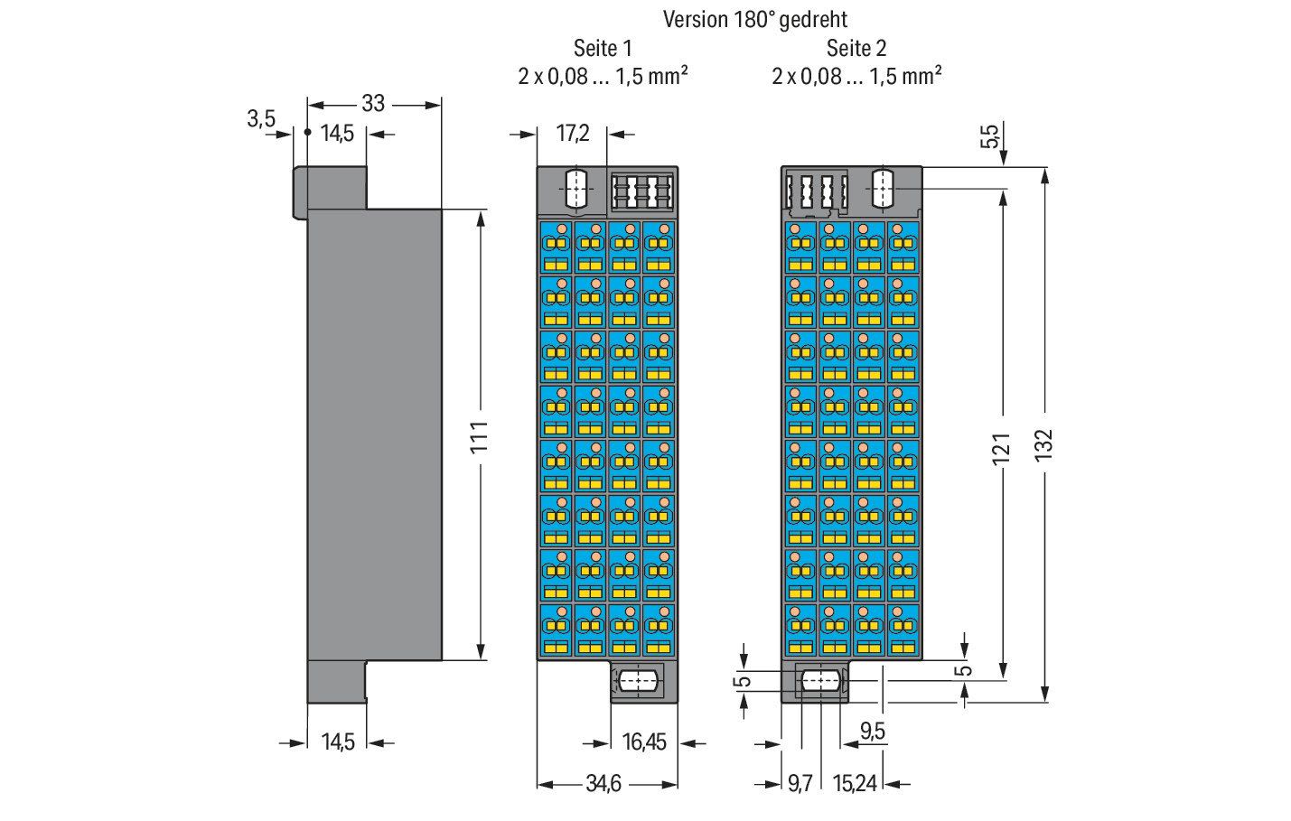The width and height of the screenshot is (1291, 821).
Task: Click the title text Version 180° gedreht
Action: [x=755, y=20]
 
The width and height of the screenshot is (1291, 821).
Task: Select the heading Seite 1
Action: [x=603, y=49]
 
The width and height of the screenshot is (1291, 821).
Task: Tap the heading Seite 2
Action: [x=856, y=49]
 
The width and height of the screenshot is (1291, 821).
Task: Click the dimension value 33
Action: [x=373, y=104]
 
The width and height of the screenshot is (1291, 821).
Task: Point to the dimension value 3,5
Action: [x=261, y=119]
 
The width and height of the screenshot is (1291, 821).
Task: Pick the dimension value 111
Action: [x=480, y=437]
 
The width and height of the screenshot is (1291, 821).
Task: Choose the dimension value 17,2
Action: [x=573, y=134]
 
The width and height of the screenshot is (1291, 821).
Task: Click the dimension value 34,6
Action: [x=603, y=784]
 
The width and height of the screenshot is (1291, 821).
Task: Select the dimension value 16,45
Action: [x=644, y=742]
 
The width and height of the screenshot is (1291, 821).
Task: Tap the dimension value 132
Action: [x=1043, y=444]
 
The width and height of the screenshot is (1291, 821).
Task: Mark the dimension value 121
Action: [x=1002, y=448]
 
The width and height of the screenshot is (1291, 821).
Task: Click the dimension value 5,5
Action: [x=989, y=136]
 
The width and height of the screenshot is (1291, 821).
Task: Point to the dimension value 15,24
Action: [x=855, y=784]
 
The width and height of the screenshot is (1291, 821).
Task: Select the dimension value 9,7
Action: [x=800, y=784]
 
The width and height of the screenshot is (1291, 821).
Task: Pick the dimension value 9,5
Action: [x=873, y=732]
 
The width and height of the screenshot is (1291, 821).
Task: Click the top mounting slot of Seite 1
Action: [x=576, y=189]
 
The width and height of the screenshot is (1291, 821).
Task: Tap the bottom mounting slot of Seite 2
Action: [x=819, y=681]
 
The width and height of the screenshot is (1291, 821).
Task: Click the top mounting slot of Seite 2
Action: [x=884, y=189]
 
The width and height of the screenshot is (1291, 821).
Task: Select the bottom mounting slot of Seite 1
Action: [x=638, y=682]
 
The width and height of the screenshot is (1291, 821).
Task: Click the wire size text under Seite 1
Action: [x=603, y=76]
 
